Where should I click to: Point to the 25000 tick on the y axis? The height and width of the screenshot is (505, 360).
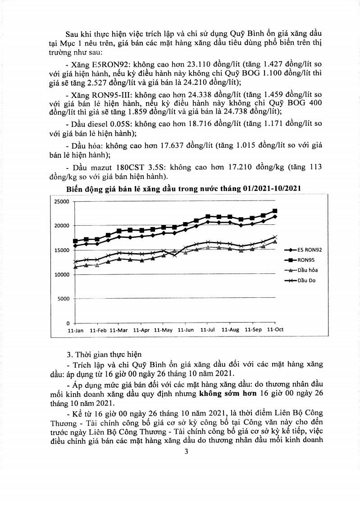coord(61,201)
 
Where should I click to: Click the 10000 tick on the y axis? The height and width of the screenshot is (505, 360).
coord(61,274)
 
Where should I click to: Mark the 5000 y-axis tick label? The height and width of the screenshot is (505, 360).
coord(63,299)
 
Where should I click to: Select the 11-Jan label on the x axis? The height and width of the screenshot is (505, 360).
coord(75,330)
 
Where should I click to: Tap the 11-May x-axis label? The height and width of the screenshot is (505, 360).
coord(163,330)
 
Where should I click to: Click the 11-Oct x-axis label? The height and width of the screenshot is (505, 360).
coord(275,330)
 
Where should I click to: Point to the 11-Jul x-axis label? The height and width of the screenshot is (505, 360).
coord(207,330)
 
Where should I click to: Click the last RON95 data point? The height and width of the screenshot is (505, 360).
coord(275,211)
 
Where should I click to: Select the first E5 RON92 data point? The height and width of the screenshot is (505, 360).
coord(75,246)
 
